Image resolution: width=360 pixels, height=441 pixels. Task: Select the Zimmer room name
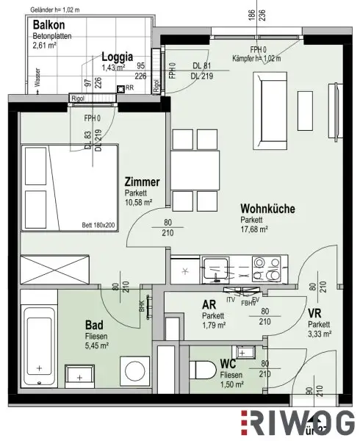[x=142, y=182]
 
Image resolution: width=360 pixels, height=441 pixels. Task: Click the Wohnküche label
[x=267, y=209]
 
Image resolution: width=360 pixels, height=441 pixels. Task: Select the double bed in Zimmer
[x=67, y=188]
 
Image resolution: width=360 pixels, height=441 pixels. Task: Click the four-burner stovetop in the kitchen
[x=264, y=270]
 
